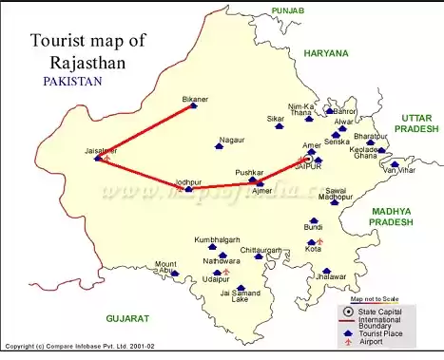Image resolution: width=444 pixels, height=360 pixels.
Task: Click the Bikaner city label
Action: (194, 98)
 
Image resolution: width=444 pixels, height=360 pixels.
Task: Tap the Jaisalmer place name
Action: (100, 150)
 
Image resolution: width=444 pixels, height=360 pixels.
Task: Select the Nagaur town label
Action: (231, 141)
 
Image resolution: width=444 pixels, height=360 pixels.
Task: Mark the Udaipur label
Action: (215, 279)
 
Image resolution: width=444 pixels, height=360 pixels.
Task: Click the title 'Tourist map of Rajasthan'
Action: (89, 52)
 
